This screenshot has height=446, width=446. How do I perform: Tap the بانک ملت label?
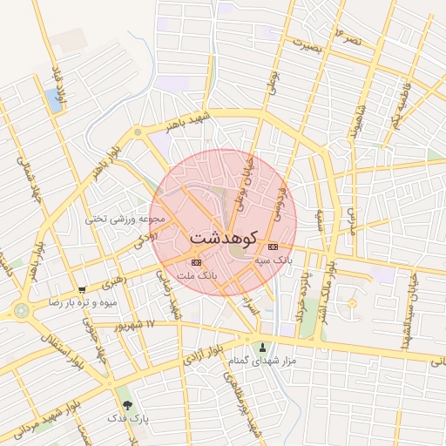pyautogui.click(x=196, y=275)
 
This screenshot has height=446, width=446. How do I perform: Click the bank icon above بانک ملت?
pyautogui.click(x=196, y=261)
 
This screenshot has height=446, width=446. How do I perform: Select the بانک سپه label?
pyautogui.click(x=274, y=260)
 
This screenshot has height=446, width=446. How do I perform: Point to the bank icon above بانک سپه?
pyautogui.click(x=274, y=247)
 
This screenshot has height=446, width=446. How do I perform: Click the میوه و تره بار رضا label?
pyautogui.click(x=82, y=302)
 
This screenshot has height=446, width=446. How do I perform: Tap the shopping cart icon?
pyautogui.click(x=82, y=290)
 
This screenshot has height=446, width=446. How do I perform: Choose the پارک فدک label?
pyautogui.click(x=128, y=418)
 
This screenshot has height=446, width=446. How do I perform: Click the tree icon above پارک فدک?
pyautogui.click(x=128, y=405)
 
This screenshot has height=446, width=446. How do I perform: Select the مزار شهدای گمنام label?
pyautogui.click(x=262, y=360)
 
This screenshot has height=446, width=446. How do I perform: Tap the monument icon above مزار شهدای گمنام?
pyautogui.click(x=262, y=348)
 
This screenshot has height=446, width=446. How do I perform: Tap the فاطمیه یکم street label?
pyautogui.click(x=400, y=102)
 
